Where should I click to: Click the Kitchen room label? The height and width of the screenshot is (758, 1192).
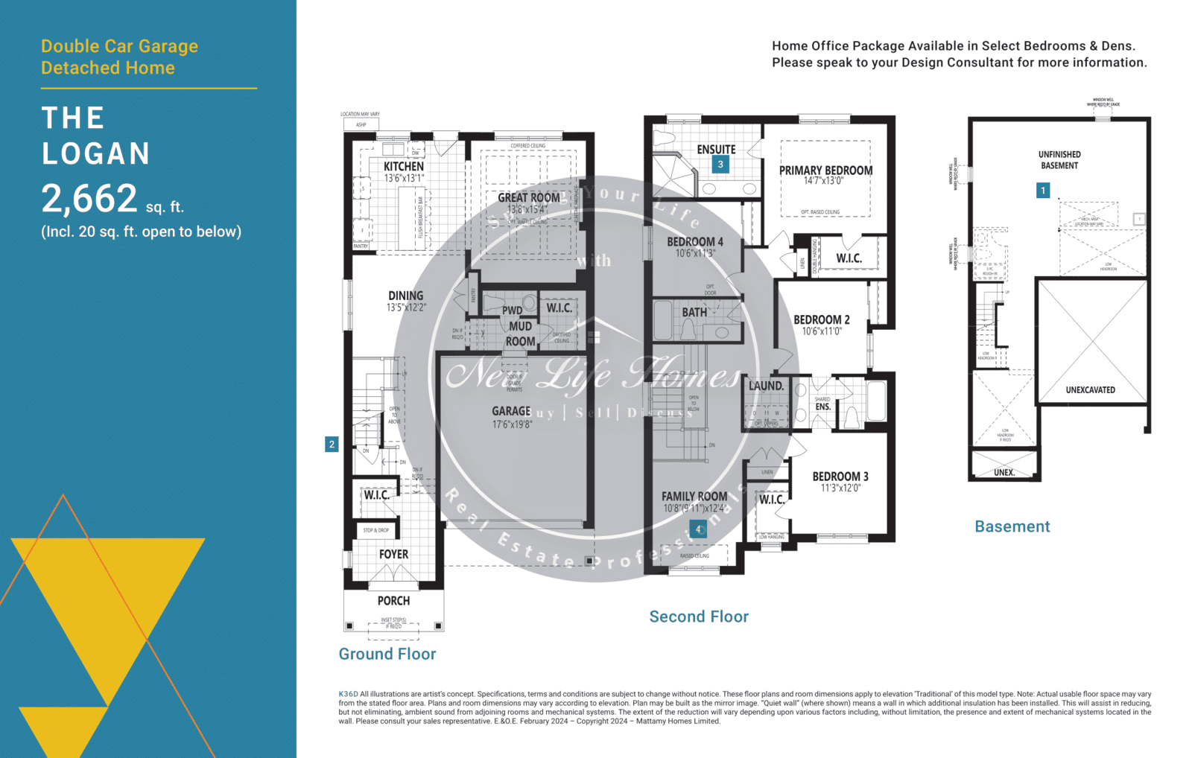point(404,167)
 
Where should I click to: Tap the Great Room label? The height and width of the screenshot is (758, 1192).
point(529,197)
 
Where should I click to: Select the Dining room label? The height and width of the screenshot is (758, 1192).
point(405,296)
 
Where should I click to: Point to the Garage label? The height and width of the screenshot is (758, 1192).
point(511,411)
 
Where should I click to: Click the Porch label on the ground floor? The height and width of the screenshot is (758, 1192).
point(393,601)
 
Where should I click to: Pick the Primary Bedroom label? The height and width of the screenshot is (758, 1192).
point(825,171)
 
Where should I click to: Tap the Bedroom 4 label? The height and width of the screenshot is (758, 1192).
point(694,242)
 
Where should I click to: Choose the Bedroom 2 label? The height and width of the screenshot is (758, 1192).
point(821,319)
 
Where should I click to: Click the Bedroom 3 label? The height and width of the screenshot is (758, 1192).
point(840,477)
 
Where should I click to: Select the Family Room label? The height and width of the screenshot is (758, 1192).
point(694,497)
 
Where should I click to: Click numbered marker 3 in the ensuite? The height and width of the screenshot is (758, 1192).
point(720,165)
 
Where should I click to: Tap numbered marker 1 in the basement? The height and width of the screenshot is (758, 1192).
point(1043,191)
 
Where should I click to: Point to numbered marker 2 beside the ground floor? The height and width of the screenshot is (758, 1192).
point(332,445)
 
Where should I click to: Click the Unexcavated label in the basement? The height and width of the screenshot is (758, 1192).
point(1090,390)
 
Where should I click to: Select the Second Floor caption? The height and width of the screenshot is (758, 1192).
point(699,617)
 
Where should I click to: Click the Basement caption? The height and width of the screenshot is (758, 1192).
point(1012,526)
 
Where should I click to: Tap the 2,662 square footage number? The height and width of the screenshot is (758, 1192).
point(89,199)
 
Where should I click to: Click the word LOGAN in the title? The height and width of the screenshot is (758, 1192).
point(96,154)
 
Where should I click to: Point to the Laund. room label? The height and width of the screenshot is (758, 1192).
point(766,386)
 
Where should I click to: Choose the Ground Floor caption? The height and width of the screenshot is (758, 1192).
point(387,654)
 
